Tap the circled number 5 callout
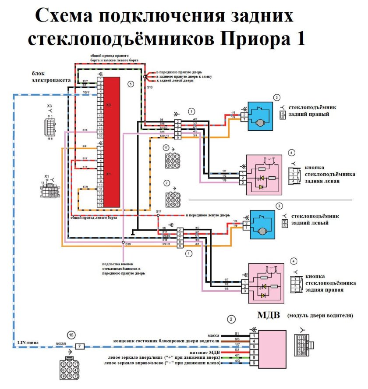(x=130, y=83)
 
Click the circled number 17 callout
(x=166, y=148)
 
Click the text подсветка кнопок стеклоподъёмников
(x=122, y=268)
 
